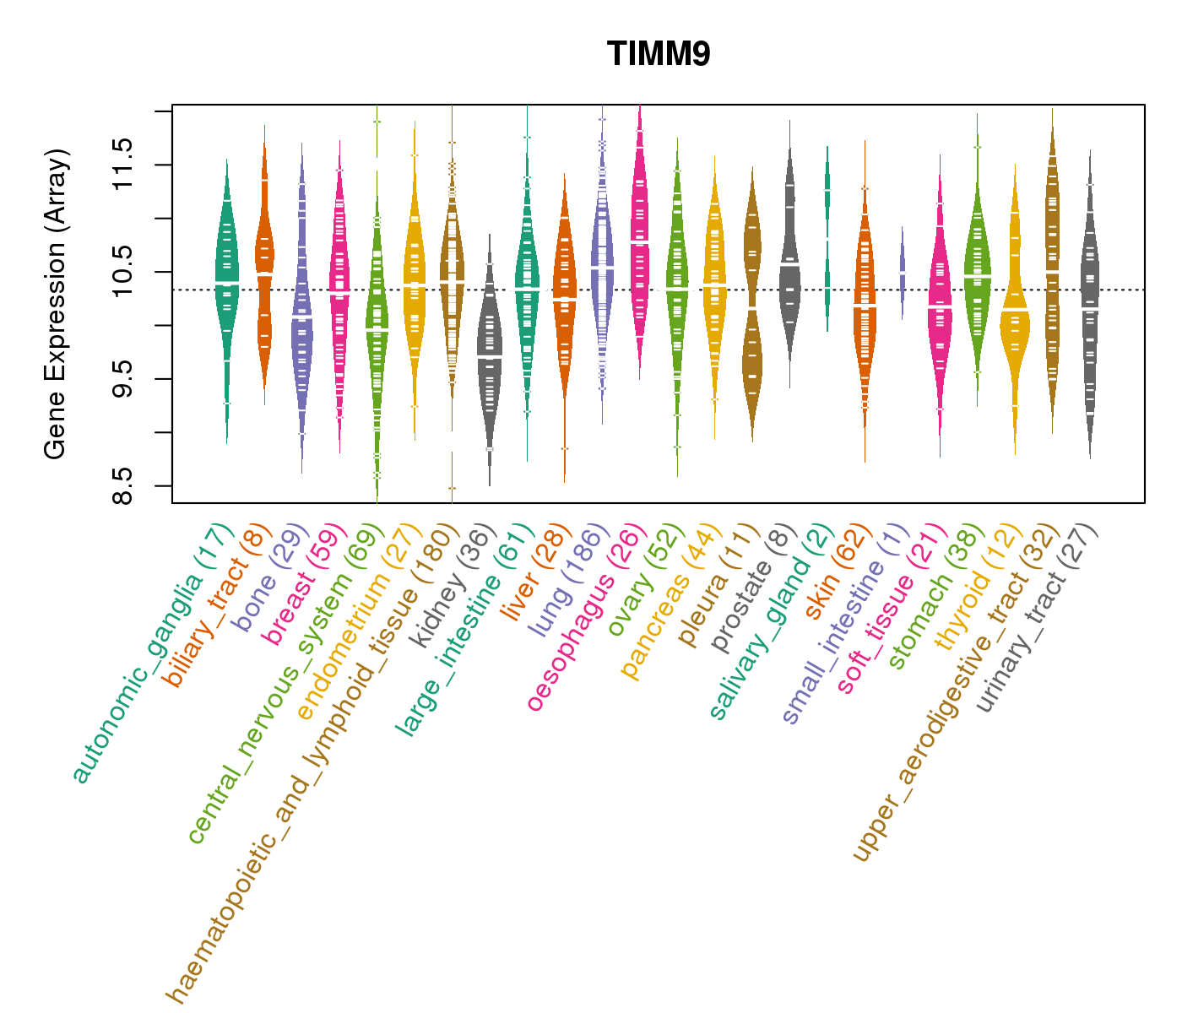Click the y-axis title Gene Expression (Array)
point(56,304)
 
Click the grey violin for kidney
point(489,355)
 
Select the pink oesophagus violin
point(640,245)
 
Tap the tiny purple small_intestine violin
point(902,272)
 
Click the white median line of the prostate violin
point(789,264)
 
